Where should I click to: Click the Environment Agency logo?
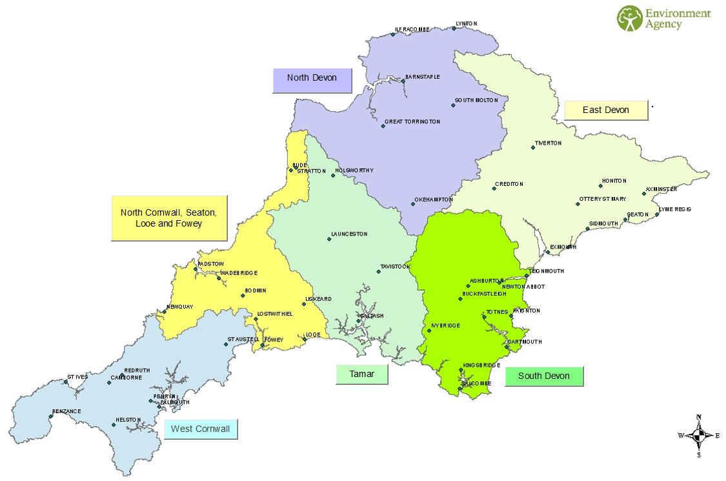click(663, 18)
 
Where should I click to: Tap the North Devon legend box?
click(312, 79)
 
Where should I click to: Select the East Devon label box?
click(605, 110)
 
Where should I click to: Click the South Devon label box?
click(543, 376)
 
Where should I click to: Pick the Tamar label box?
click(361, 374)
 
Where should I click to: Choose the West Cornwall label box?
click(200, 429)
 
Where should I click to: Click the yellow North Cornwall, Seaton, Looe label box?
click(169, 218)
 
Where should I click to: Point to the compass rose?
click(698, 435)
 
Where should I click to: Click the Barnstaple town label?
click(423, 77)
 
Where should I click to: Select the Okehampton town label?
click(434, 200)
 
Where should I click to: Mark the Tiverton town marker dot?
click(533, 148)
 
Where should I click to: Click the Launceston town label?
click(349, 234)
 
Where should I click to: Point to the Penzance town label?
click(67, 411)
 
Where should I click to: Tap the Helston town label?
click(128, 420)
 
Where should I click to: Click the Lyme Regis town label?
click(675, 209)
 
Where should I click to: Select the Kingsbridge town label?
click(481, 365)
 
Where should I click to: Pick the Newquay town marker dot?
click(164, 312)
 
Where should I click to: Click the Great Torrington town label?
click(412, 121)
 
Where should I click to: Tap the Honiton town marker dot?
click(601, 186)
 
